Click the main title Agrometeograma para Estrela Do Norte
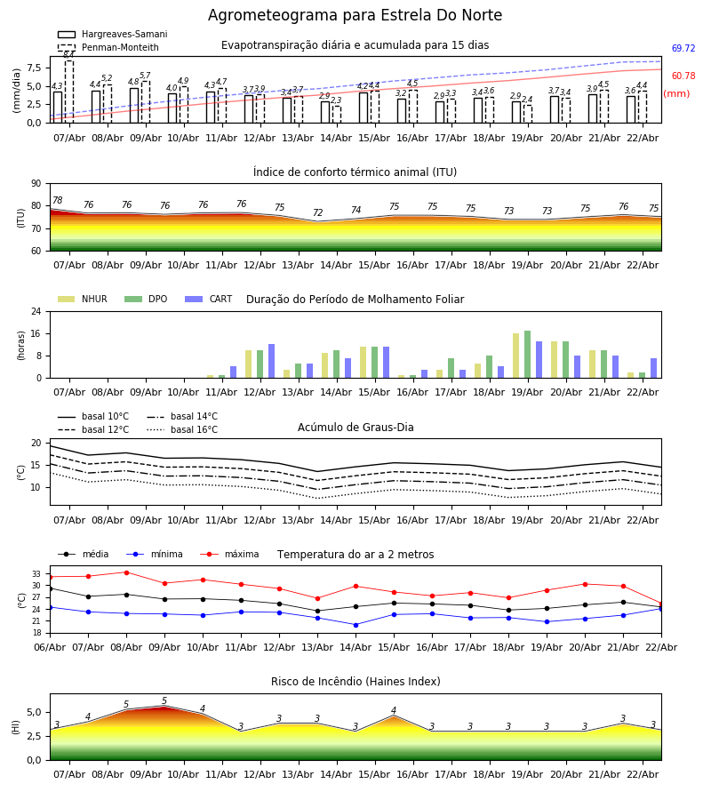click(x=355, y=16)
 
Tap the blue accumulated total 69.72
click(x=683, y=49)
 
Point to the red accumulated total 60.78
click(x=683, y=76)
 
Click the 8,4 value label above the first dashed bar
click(x=68, y=55)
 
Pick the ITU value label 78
click(x=57, y=201)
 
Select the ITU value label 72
click(x=317, y=213)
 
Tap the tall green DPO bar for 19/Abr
click(x=527, y=354)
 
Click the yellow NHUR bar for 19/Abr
click(x=515, y=356)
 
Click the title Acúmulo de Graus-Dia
click(x=355, y=428)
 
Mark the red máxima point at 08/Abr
click(x=126, y=572)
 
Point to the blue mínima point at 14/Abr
click(x=355, y=625)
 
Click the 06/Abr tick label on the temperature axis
click(x=50, y=646)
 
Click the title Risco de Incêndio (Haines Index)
click(x=355, y=682)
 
